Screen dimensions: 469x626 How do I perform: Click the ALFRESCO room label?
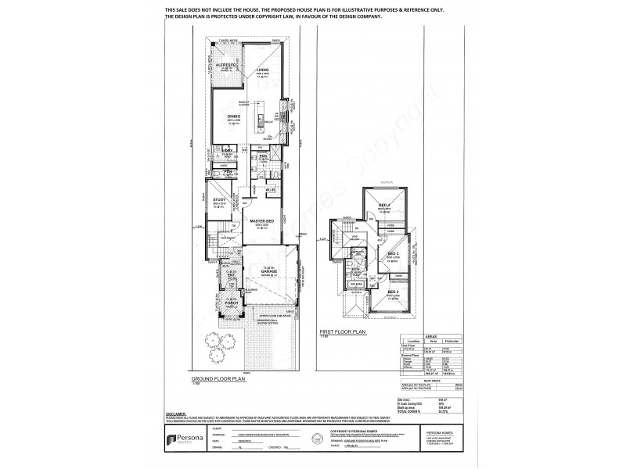[226, 65]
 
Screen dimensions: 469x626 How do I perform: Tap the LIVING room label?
[262, 70]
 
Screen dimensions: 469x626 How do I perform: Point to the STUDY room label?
[219, 200]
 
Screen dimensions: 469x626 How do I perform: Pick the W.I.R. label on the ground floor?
[270, 190]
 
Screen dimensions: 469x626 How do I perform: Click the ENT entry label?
[232, 275]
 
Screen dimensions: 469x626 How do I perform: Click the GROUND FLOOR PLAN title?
[225, 376]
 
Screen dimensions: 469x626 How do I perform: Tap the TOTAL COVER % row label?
[412, 389]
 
